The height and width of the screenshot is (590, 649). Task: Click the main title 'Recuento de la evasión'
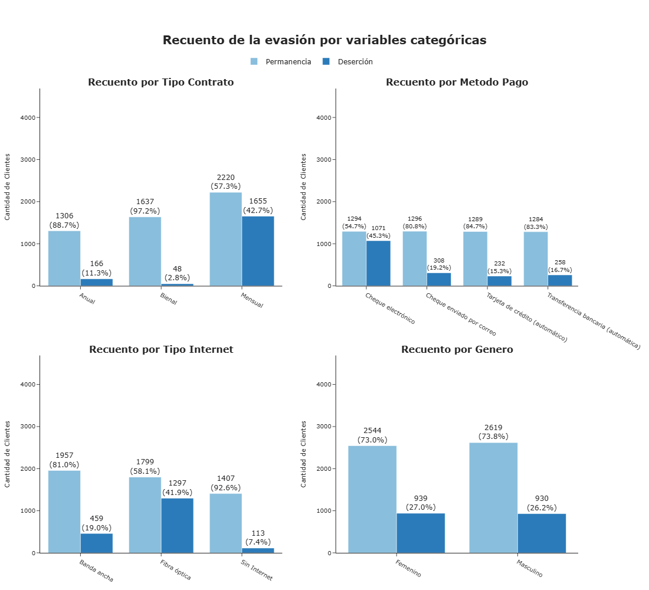click(324, 40)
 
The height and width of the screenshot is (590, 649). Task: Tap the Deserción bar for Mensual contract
click(258, 251)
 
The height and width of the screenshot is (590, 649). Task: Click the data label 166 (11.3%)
click(96, 268)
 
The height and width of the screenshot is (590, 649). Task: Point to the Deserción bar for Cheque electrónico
click(378, 263)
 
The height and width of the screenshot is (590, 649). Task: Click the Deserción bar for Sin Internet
click(258, 550)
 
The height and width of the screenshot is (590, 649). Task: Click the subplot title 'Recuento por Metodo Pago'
click(457, 82)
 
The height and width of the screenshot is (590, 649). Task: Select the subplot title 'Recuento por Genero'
click(457, 349)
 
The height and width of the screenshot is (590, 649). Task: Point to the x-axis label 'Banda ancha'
click(96, 571)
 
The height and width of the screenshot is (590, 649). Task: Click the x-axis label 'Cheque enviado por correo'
click(461, 314)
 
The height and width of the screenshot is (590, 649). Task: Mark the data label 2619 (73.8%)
click(493, 432)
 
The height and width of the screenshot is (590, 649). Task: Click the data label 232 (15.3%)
click(499, 267)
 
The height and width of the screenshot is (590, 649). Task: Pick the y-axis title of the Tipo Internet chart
click(8, 454)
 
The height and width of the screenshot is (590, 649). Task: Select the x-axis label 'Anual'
click(87, 299)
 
